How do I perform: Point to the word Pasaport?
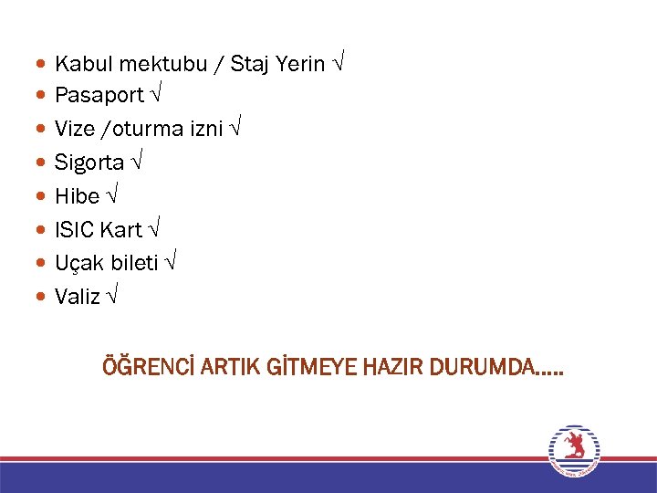(x=99, y=95)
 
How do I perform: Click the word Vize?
(x=75, y=129)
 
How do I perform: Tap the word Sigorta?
(x=89, y=163)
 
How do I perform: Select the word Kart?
(x=121, y=229)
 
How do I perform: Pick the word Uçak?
(x=79, y=263)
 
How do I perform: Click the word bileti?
(x=135, y=263)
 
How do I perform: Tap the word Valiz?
(x=78, y=297)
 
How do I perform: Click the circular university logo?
(x=573, y=450)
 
